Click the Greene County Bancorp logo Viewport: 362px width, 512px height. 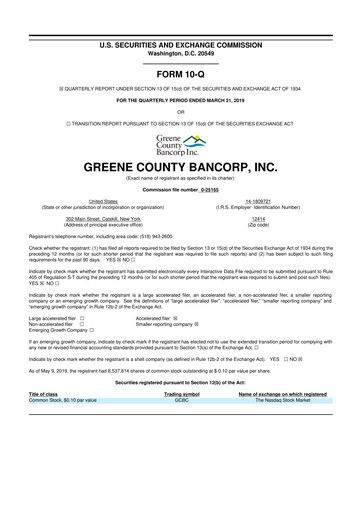[180, 144]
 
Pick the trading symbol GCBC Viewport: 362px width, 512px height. [181, 400]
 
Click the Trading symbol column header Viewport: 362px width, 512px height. [181, 394]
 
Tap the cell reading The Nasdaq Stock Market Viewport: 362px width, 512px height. [272, 400]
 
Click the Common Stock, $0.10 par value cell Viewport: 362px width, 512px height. [64, 400]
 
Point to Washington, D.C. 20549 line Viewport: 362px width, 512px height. [180, 25]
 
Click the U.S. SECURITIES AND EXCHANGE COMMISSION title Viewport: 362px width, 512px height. [180, 17]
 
